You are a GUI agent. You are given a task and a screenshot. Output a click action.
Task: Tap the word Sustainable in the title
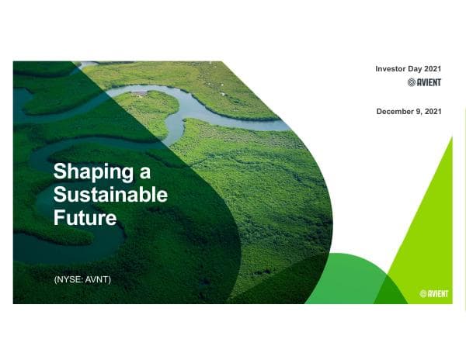pos(110,194)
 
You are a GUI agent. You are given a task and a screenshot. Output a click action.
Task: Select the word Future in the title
pos(85,217)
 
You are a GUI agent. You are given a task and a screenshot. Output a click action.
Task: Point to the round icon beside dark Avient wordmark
pos(412,82)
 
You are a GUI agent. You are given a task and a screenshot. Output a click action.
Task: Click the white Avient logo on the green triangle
pos(435,294)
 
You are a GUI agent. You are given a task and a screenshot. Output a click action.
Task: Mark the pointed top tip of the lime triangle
pos(451,137)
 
